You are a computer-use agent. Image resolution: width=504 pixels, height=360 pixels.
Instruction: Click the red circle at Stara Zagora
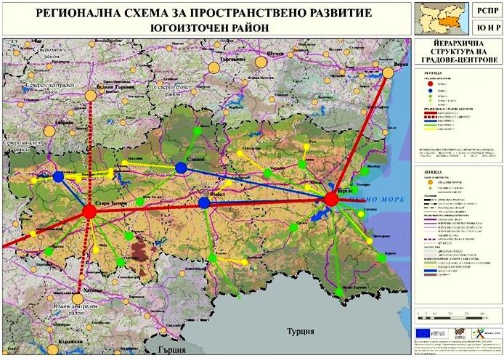tap(89, 211)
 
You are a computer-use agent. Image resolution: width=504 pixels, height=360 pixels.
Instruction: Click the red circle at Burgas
tap(332, 199)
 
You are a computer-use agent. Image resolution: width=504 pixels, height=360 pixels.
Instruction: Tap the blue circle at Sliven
tap(182, 168)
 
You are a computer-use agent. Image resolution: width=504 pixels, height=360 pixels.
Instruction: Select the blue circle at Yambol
tap(204, 203)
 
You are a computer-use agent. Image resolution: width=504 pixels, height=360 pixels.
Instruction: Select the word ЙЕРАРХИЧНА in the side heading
tap(458, 44)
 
